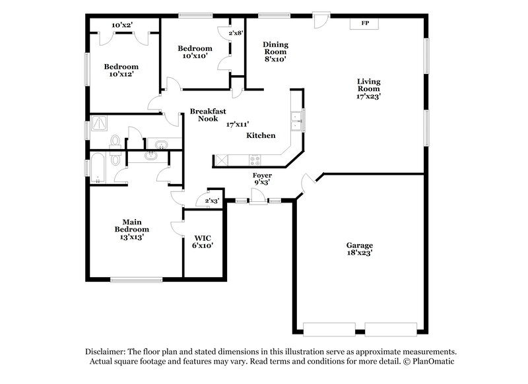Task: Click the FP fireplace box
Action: (364, 23)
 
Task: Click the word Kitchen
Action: (261, 135)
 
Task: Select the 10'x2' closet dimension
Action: (121, 25)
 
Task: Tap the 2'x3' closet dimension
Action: (211, 200)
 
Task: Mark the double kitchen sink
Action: (296, 120)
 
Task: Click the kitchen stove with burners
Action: (254, 160)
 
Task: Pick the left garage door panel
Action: (329, 328)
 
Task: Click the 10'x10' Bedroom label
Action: (195, 52)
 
